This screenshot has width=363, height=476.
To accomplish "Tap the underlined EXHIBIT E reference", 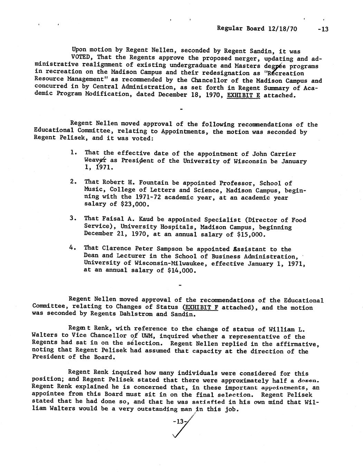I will point(243,95).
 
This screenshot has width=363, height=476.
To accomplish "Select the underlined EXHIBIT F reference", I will point(201,307).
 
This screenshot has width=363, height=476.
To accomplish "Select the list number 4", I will point(73,247).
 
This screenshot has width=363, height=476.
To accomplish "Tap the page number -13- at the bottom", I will point(179,421).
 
